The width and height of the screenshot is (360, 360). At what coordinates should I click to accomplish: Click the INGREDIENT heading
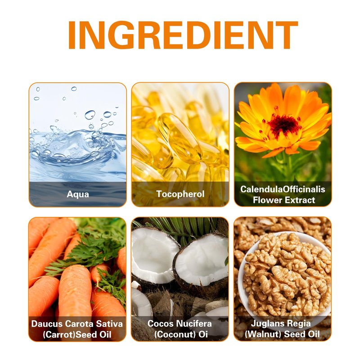pos(183,35)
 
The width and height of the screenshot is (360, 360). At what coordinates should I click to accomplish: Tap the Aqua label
pos(78,194)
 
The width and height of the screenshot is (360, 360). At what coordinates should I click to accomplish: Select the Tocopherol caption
pos(180,194)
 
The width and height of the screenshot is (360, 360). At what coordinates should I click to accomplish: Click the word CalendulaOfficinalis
pos(283,189)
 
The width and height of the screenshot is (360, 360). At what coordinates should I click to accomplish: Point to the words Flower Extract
pos(284,200)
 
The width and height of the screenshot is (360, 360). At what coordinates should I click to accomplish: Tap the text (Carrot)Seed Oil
pos(77,334)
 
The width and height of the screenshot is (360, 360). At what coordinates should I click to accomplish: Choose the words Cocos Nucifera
pos(180,324)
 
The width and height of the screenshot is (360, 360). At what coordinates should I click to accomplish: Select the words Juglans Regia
pos(281,323)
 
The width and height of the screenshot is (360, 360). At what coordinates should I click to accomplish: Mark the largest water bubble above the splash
pos(90,115)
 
